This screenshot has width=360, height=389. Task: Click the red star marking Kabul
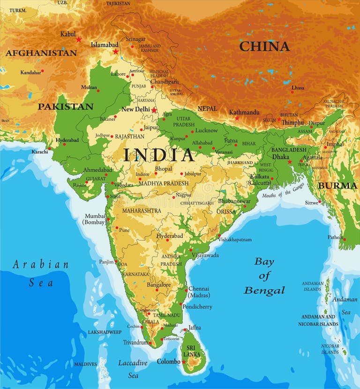(x=79, y=39)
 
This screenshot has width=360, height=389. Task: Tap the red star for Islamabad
(x=116, y=51)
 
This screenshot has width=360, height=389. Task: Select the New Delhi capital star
(x=154, y=110)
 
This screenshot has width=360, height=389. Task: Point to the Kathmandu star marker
(x=237, y=118)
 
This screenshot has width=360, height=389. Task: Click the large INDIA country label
(x=158, y=155)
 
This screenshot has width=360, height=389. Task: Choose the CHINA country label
(x=264, y=46)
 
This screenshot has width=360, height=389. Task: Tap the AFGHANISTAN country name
(x=41, y=53)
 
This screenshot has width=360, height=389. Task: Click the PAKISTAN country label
(x=65, y=107)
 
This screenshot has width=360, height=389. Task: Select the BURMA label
(x=337, y=185)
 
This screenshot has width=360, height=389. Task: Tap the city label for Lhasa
(x=298, y=88)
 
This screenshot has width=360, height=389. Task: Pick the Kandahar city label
(x=30, y=72)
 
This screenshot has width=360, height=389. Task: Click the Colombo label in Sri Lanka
(x=168, y=361)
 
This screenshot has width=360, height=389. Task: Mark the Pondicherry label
(x=197, y=306)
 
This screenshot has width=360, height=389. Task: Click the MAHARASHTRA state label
(x=141, y=211)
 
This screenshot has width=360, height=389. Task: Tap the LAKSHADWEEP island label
(x=105, y=332)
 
